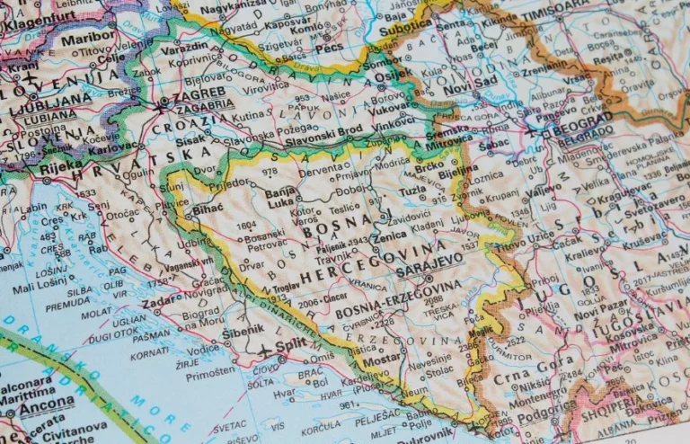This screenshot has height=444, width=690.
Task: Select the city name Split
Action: tap(288, 345)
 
